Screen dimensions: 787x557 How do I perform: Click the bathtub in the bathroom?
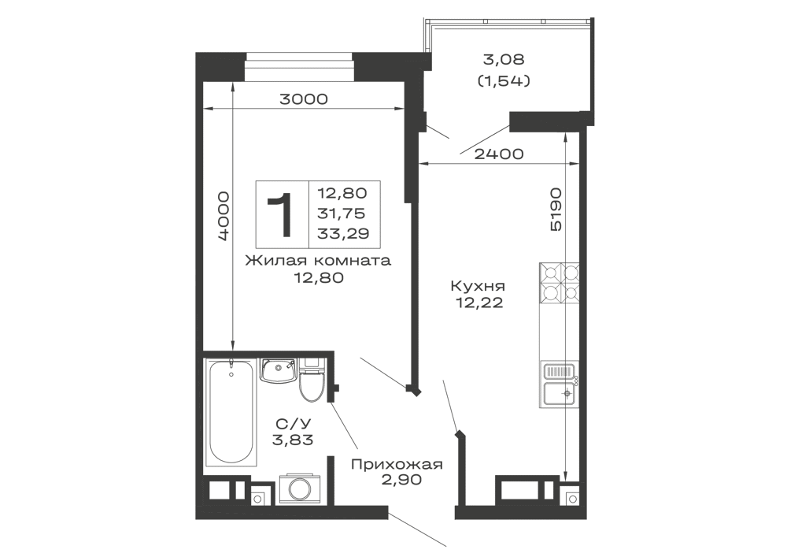[x=231, y=413]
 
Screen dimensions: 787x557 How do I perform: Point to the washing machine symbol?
[x=301, y=488]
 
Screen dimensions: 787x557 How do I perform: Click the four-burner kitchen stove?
[x=559, y=282]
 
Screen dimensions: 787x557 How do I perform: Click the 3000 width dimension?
[x=304, y=99]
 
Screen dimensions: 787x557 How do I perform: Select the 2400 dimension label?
[x=499, y=154]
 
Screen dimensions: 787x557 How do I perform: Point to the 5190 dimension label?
[x=555, y=210]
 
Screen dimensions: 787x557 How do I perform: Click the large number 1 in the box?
[x=280, y=214]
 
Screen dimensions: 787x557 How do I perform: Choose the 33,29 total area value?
[x=343, y=233]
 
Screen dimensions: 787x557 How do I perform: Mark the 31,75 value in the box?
[x=342, y=214]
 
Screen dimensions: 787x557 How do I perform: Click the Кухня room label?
[x=478, y=286]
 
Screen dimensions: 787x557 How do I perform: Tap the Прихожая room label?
[x=397, y=464]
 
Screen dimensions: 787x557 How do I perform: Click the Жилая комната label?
[x=318, y=261]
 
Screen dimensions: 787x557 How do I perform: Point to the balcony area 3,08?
[x=504, y=59]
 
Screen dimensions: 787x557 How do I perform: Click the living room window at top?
[x=300, y=66]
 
